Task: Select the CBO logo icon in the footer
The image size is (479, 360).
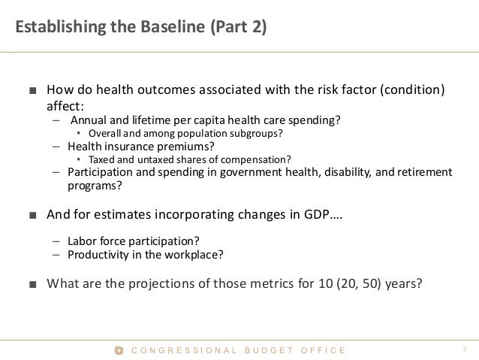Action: click(x=117, y=350)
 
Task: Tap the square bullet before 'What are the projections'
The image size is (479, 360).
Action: click(x=32, y=285)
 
